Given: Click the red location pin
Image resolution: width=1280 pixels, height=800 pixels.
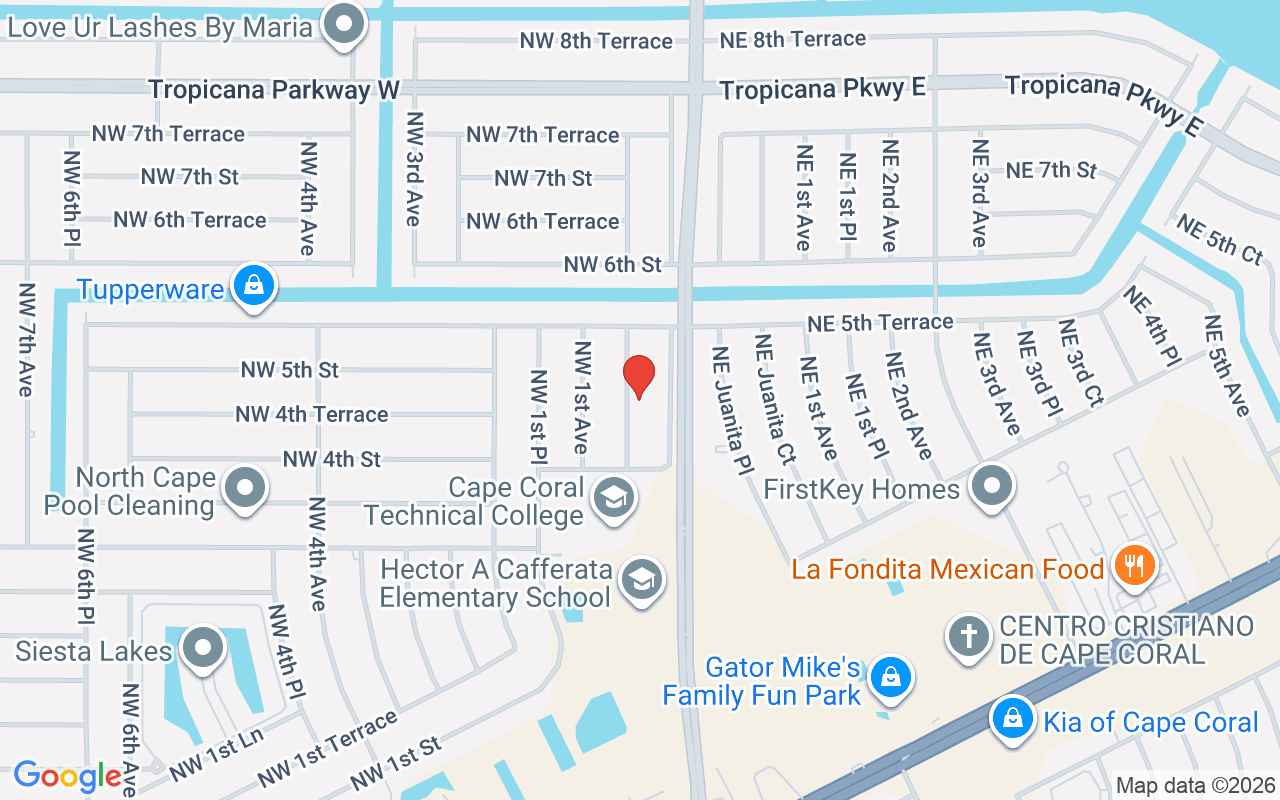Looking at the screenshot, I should [x=638, y=376].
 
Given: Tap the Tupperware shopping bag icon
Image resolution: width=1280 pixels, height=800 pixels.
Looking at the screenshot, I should [x=255, y=287].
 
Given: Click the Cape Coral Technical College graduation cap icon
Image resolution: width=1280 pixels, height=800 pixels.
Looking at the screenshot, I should [x=613, y=497].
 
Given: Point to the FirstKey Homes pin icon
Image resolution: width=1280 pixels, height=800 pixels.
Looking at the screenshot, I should [x=992, y=487].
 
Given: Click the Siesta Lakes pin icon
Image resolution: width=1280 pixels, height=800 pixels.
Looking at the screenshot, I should [x=204, y=649].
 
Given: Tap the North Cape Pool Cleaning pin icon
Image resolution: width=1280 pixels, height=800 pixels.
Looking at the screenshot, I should [x=245, y=489].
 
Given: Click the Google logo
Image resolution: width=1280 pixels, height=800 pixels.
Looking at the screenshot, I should [x=68, y=775].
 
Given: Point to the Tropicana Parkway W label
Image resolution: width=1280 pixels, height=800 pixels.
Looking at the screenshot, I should [x=274, y=90].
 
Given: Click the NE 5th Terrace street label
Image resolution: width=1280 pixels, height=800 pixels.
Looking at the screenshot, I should [x=880, y=322].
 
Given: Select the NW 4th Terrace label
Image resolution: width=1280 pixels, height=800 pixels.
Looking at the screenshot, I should [x=311, y=414].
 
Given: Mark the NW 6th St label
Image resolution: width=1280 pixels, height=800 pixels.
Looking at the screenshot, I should [x=612, y=265].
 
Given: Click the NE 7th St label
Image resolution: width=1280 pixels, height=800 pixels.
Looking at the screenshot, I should [x=1051, y=170].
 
